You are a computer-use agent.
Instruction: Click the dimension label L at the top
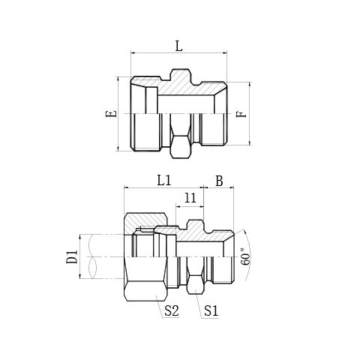pos(178,45)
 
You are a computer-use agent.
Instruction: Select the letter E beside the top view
pos(112,115)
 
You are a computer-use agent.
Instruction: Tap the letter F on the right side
pos(240,115)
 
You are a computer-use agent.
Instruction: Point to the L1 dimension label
pos(164,181)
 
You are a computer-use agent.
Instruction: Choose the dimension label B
pos(219,181)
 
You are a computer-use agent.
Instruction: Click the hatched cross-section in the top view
pos(187,88)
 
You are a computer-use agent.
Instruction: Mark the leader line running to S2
pos(158,298)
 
